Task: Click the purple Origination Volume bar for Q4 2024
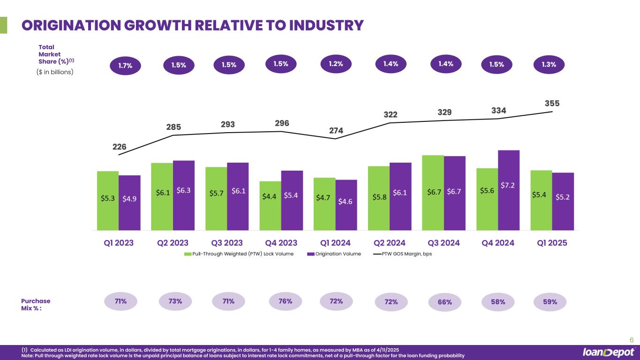pos(509,190)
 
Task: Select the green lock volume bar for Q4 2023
pos(270,205)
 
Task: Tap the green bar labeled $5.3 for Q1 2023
pos(108,200)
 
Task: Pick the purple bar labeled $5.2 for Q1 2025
pos(563,202)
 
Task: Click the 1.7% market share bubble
pos(125,66)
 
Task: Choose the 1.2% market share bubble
pos(335,64)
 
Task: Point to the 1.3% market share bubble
pos(550,65)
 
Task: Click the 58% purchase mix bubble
pos(498,302)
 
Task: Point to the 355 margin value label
pos(552,103)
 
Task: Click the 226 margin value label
pos(119,147)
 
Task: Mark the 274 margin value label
pos(336,131)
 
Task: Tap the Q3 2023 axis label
pos(227,243)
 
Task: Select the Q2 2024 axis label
pos(389,243)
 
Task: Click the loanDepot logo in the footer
pos(609,352)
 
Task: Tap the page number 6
pos(631,340)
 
